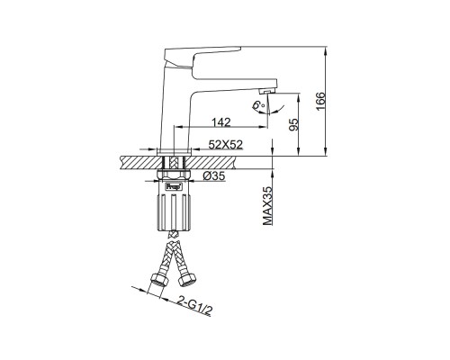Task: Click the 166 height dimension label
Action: [x=320, y=101]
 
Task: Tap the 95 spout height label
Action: [x=294, y=124]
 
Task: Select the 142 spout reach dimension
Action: [x=221, y=122]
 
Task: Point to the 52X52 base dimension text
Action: [x=226, y=145]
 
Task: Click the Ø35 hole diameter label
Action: [x=214, y=176]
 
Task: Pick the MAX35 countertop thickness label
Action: [x=267, y=205]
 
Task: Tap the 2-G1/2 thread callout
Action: [x=194, y=305]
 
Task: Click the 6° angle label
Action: [x=258, y=105]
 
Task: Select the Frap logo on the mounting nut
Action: [x=174, y=186]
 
